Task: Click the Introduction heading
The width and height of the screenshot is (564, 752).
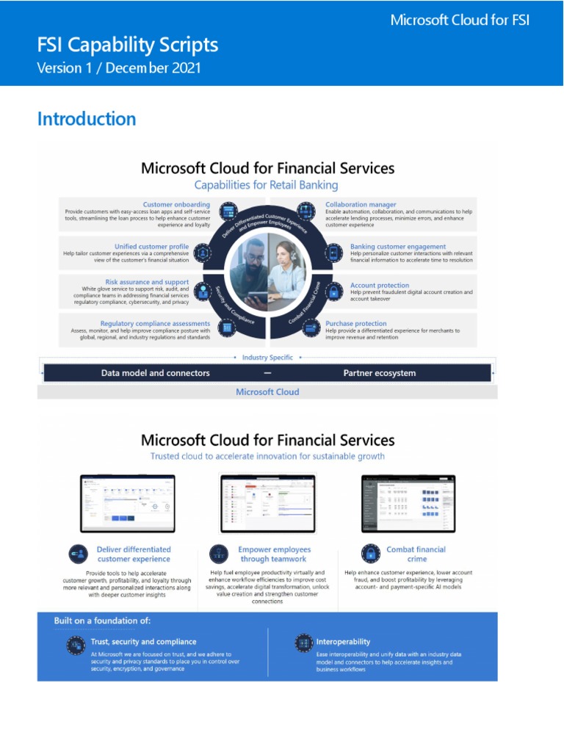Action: pos(87,119)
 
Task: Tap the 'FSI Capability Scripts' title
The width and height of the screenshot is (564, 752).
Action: pos(128,45)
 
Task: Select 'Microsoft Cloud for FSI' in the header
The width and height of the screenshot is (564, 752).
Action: pos(460,20)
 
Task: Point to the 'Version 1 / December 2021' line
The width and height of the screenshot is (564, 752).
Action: pos(119,68)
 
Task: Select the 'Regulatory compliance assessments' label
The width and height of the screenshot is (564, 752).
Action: pos(155,323)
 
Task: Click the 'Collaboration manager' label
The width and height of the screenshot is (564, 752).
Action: pos(361,204)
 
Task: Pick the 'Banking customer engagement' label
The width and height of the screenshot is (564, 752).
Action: pos(397,246)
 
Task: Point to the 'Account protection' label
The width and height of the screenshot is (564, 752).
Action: pos(379,285)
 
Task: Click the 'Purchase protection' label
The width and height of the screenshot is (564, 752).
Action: pos(356,323)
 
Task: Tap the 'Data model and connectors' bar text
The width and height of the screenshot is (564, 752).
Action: pos(155,373)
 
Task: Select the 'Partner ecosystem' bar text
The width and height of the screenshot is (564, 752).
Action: pos(379,373)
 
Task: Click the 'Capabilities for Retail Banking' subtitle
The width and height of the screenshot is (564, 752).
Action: pos(267,185)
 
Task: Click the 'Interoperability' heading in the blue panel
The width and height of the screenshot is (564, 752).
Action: pos(343,641)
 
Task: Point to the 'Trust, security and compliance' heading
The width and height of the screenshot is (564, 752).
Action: pos(143,641)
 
